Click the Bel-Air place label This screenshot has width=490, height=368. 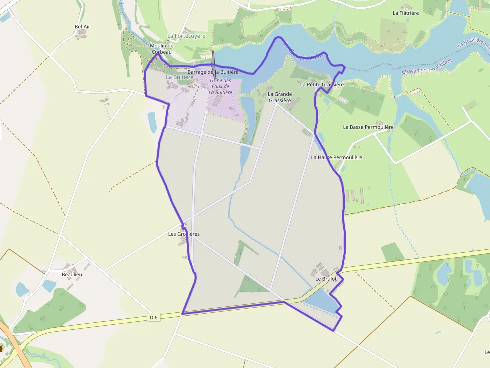coord(82,26)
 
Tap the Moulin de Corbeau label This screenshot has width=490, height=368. coord(161,48)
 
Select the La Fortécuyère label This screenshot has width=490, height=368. coord(186,36)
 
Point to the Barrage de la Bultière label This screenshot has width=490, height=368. coord(213,72)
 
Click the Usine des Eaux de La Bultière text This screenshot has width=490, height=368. coord(220,86)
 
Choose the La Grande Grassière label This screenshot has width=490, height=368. coord(279,97)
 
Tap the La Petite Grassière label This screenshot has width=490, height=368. coord(322,85)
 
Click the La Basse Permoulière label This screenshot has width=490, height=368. coord(368,127)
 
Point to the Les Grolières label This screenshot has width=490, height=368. coord(184,234)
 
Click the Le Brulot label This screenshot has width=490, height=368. coord(326,279)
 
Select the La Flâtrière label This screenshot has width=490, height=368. coord(405,13)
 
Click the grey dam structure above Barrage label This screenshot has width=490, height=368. coord(213,59)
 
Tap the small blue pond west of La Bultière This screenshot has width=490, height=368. coord(152,122)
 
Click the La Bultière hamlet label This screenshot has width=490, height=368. coord(179,77)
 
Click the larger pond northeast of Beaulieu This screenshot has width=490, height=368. coord(49,285)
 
